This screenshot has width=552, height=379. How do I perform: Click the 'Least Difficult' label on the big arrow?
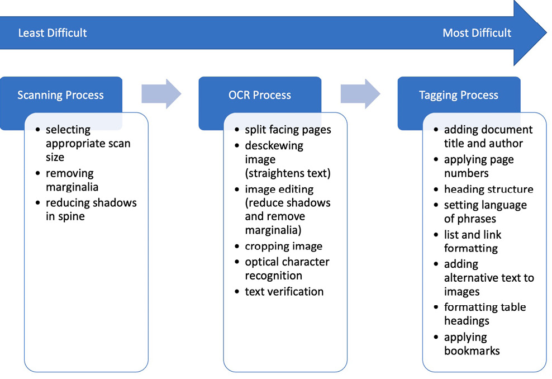point(53,33)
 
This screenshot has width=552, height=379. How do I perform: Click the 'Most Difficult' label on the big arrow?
point(477,33)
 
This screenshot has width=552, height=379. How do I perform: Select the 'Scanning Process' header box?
point(60,95)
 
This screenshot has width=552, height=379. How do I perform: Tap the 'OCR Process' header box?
point(260,95)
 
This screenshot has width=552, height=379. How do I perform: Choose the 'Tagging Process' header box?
point(458,95)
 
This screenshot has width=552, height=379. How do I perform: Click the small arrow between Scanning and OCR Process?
point(161,93)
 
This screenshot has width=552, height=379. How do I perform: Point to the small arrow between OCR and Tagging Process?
point(360,93)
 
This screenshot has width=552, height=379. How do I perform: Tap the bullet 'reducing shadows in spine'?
point(91,209)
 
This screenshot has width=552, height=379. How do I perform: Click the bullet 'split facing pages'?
point(288,130)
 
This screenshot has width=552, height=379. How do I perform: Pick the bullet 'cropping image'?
point(283,247)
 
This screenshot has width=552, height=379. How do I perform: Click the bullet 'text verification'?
point(284,291)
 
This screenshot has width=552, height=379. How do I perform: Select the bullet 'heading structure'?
point(488,190)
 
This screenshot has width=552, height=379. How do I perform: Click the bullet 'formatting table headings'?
point(484,314)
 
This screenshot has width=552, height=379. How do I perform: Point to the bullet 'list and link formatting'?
point(473,241)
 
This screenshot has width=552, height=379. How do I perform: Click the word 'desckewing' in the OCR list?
point(274,145)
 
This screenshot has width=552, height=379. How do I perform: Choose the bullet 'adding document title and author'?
point(488,136)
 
